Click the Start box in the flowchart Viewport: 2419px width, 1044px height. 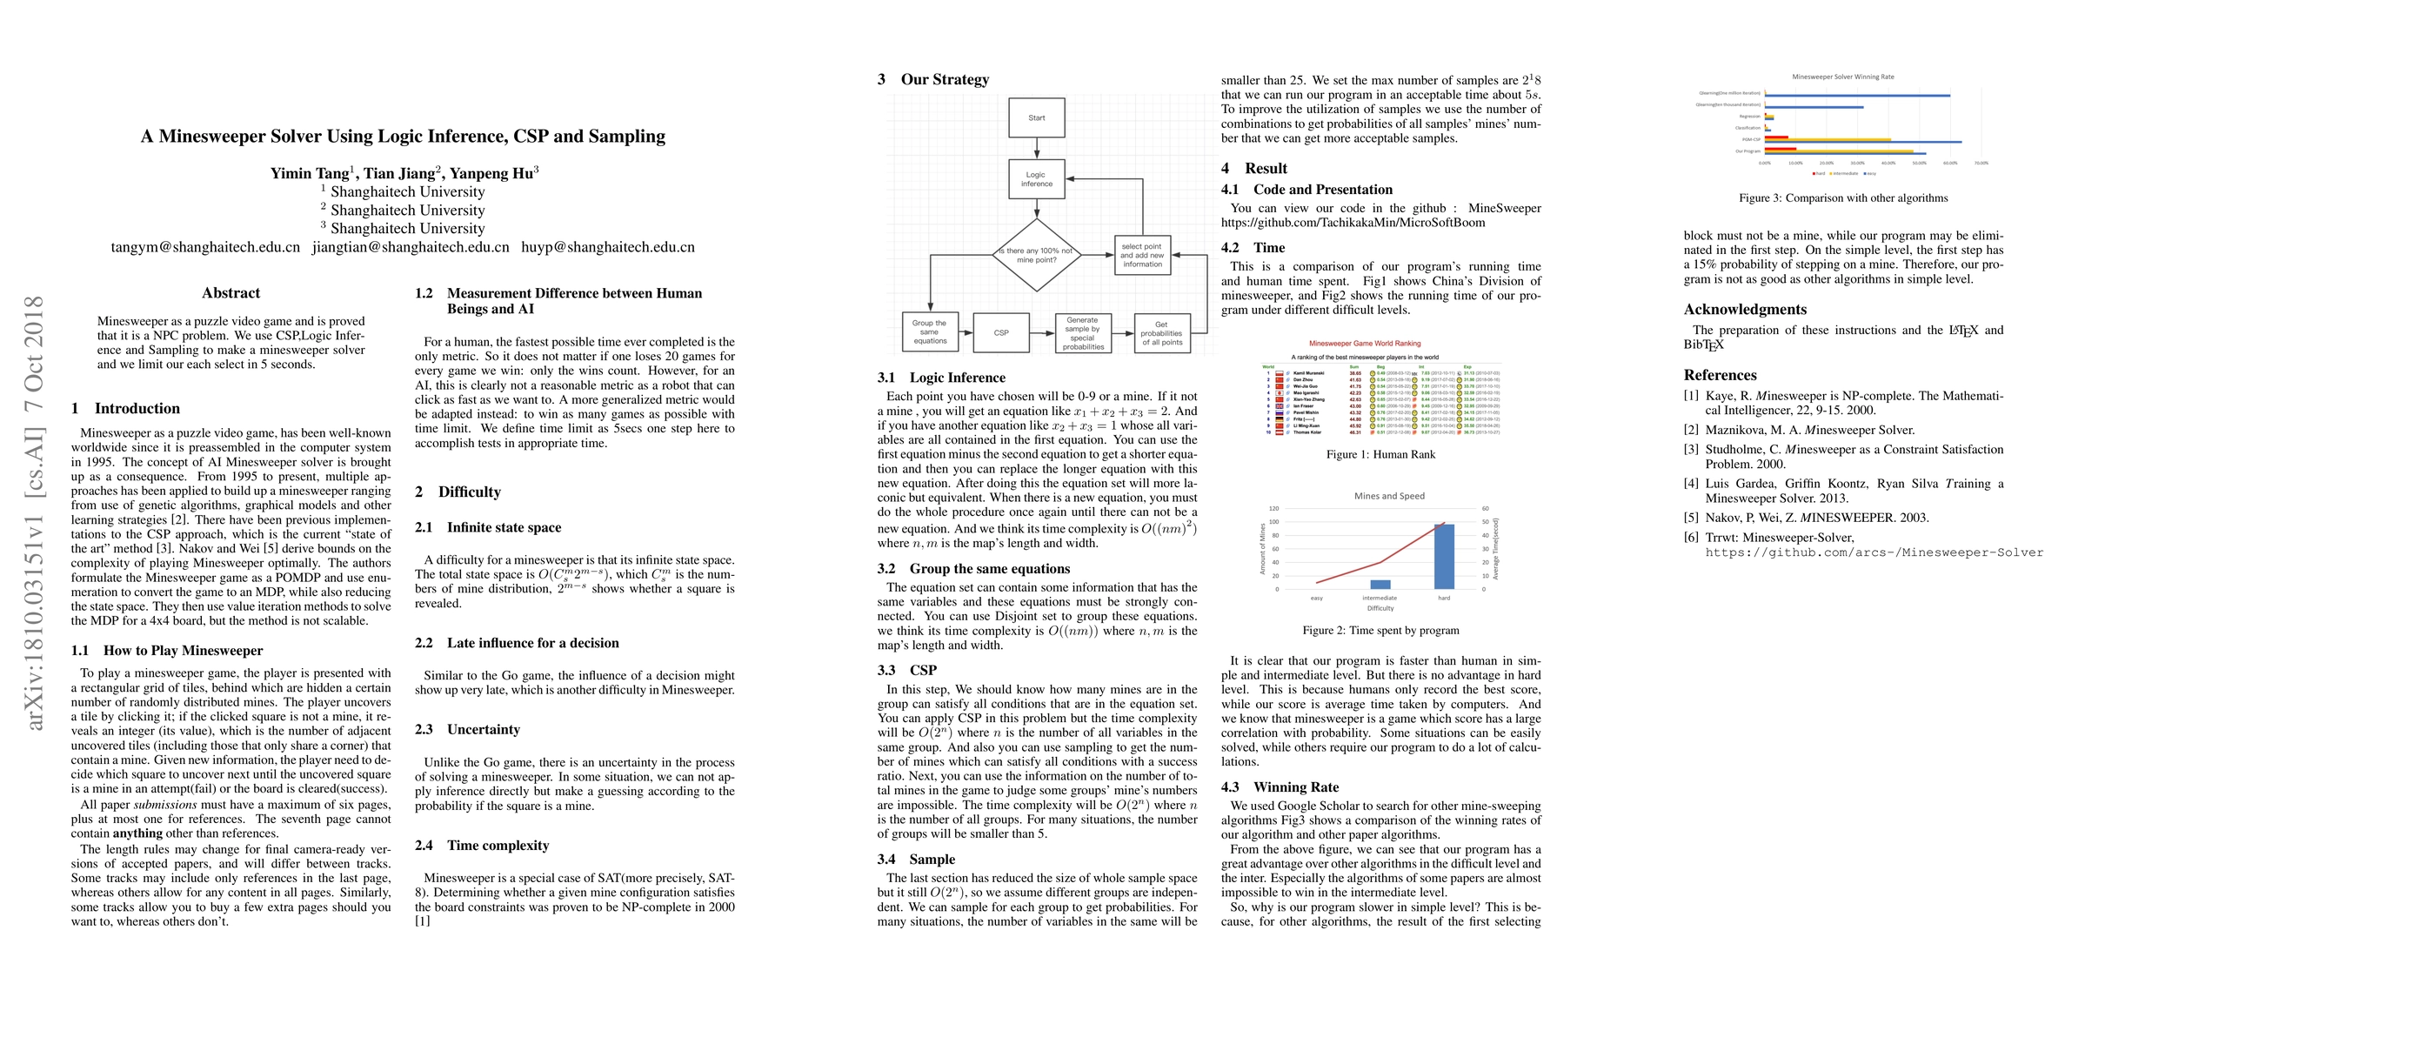pos(1036,117)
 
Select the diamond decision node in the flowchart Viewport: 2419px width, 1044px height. pos(1037,254)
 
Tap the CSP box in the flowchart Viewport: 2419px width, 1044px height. pos(1001,332)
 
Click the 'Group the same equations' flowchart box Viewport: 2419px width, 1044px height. pos(930,332)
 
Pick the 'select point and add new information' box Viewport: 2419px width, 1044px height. pos(1142,254)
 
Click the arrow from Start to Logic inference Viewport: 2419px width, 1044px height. pos(1037,149)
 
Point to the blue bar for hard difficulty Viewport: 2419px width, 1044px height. pos(1443,557)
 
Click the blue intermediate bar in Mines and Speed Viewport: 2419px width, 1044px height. pos(1380,584)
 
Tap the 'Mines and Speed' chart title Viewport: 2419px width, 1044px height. pos(1389,496)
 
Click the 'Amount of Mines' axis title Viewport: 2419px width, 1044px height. pos(1263,549)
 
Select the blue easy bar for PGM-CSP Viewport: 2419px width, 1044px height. pos(1862,141)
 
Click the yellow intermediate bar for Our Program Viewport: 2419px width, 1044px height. pos(1839,151)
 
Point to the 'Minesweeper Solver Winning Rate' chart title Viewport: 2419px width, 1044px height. pos(1842,77)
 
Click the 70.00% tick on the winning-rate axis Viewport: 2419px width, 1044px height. pos(1981,164)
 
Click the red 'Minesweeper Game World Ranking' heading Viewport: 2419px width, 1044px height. pos(1365,344)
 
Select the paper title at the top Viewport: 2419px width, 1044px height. pos(403,136)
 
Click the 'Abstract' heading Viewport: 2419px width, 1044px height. pos(231,293)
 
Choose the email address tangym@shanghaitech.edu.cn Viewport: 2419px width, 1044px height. pos(205,247)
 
